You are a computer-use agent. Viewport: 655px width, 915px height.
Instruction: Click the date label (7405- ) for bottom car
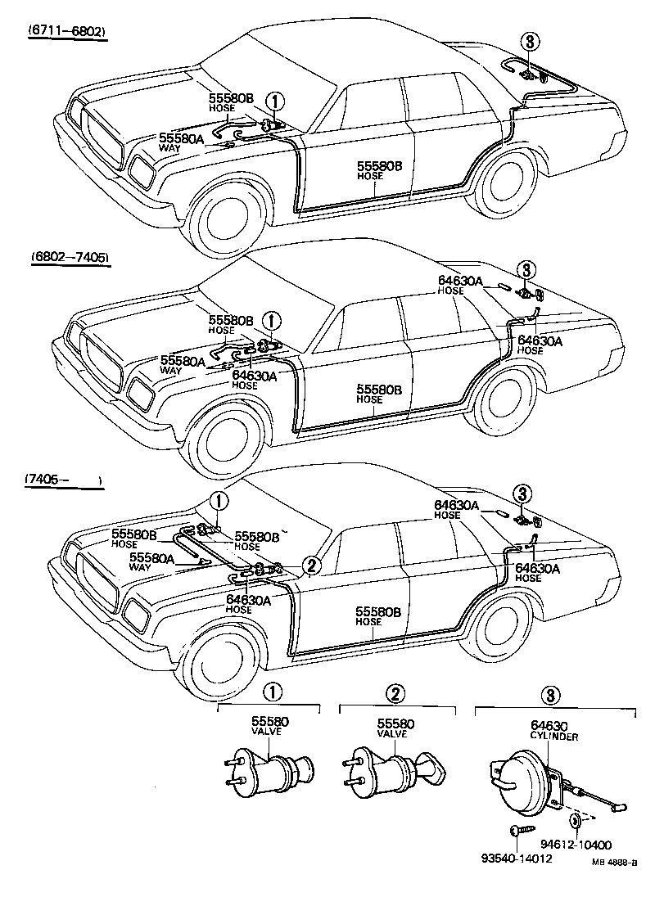61,480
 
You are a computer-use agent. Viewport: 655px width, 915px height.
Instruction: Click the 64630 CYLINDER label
553,730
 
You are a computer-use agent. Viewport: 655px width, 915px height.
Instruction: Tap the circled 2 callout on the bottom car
310,564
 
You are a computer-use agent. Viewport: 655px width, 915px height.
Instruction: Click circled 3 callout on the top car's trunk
531,42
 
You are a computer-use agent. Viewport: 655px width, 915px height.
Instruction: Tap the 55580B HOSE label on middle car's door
379,392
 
